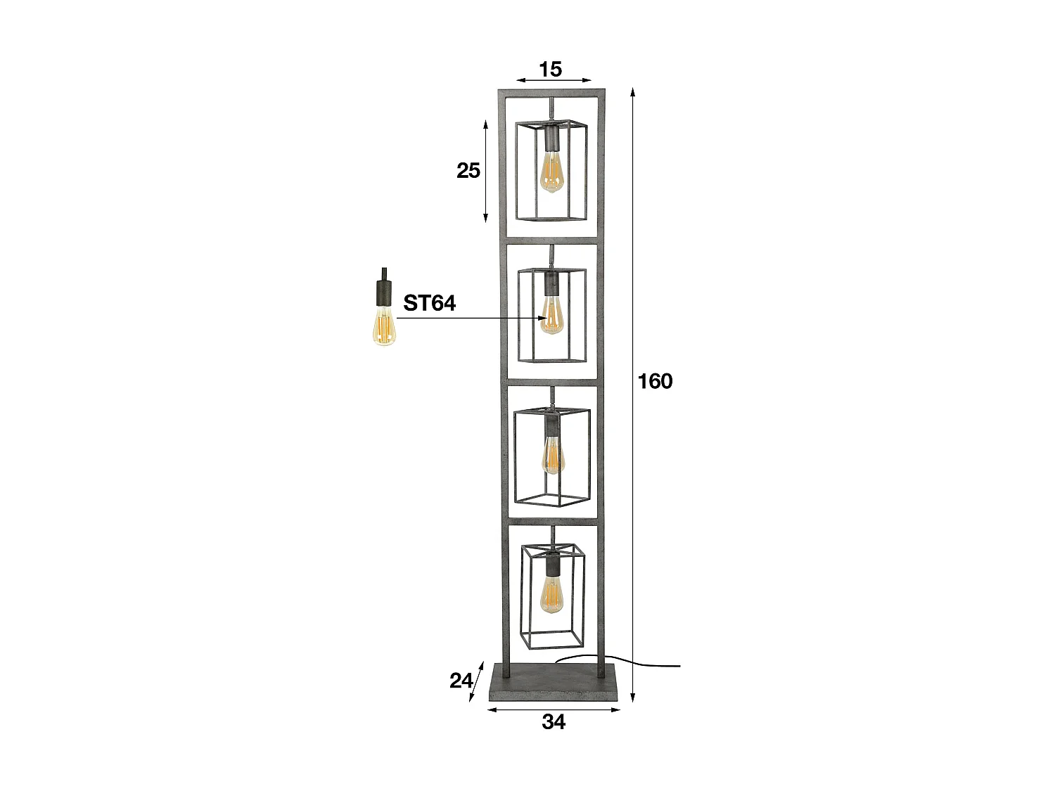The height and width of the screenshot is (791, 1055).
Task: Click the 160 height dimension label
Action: tap(655, 381)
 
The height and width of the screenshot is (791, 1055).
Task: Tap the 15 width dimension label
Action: tap(551, 69)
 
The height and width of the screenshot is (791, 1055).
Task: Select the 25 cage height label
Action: tap(468, 170)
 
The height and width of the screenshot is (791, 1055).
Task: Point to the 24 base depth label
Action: tap(461, 680)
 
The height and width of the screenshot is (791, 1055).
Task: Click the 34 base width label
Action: tap(554, 721)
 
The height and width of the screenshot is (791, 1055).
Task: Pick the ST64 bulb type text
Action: tap(429, 303)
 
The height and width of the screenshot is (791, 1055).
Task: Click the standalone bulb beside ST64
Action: tap(383, 328)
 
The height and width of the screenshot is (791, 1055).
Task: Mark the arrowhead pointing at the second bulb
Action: tap(544, 318)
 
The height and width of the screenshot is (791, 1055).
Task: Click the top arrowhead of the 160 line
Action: tap(633, 92)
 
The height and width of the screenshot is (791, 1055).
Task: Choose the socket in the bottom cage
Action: tap(552, 562)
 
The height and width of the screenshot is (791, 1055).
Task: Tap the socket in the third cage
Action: tap(552, 424)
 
